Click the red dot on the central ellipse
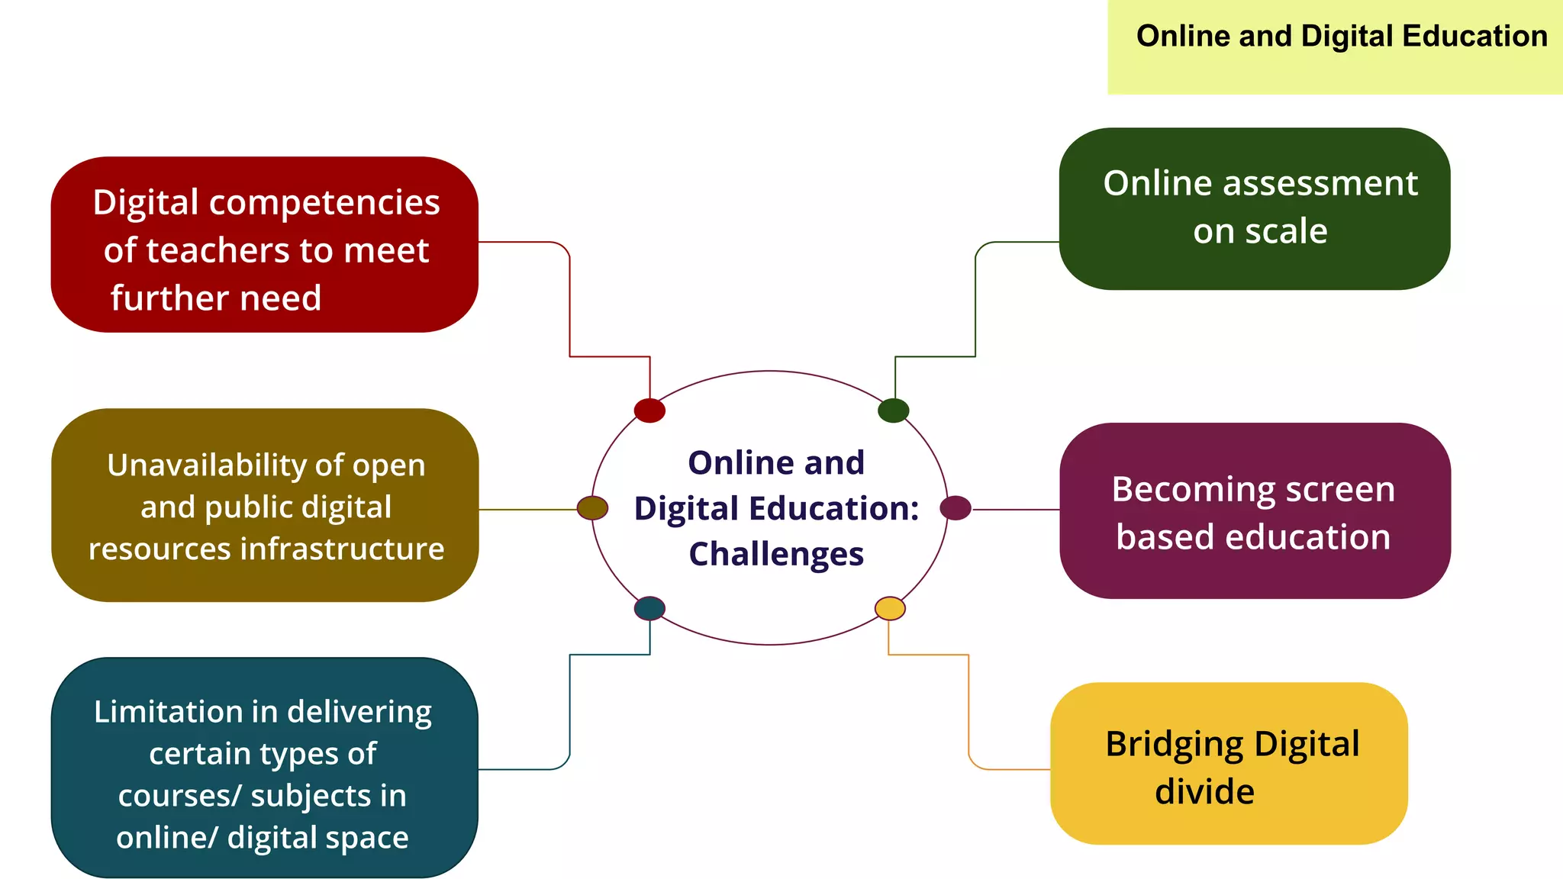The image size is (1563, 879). (x=649, y=411)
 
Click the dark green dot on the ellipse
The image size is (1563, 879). (x=893, y=411)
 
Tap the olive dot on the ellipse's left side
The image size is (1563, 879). (x=592, y=507)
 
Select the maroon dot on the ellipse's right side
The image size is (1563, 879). (x=956, y=507)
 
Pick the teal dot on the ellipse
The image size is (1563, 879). (x=649, y=608)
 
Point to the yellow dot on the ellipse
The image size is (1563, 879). (x=890, y=608)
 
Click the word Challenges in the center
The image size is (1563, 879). (x=776, y=554)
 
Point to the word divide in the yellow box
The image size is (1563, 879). (x=1204, y=792)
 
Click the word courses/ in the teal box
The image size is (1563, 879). (x=179, y=796)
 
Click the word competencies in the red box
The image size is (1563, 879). (x=324, y=202)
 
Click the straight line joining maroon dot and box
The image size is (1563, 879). (x=1016, y=509)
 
